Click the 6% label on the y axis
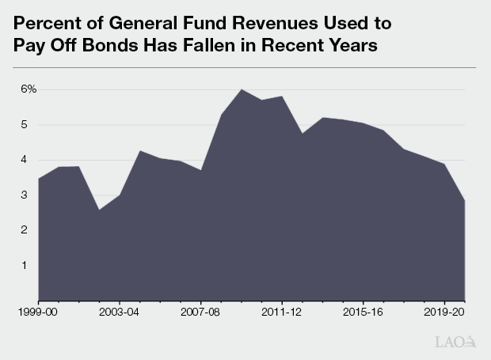tap(29, 89)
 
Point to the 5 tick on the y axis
tap(25, 124)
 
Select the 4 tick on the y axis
tap(25, 160)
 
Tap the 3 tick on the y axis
tap(25, 195)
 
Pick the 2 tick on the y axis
tap(25, 230)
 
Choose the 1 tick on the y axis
tap(25, 265)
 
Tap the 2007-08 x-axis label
tap(201, 313)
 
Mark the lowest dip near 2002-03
tap(100, 210)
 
